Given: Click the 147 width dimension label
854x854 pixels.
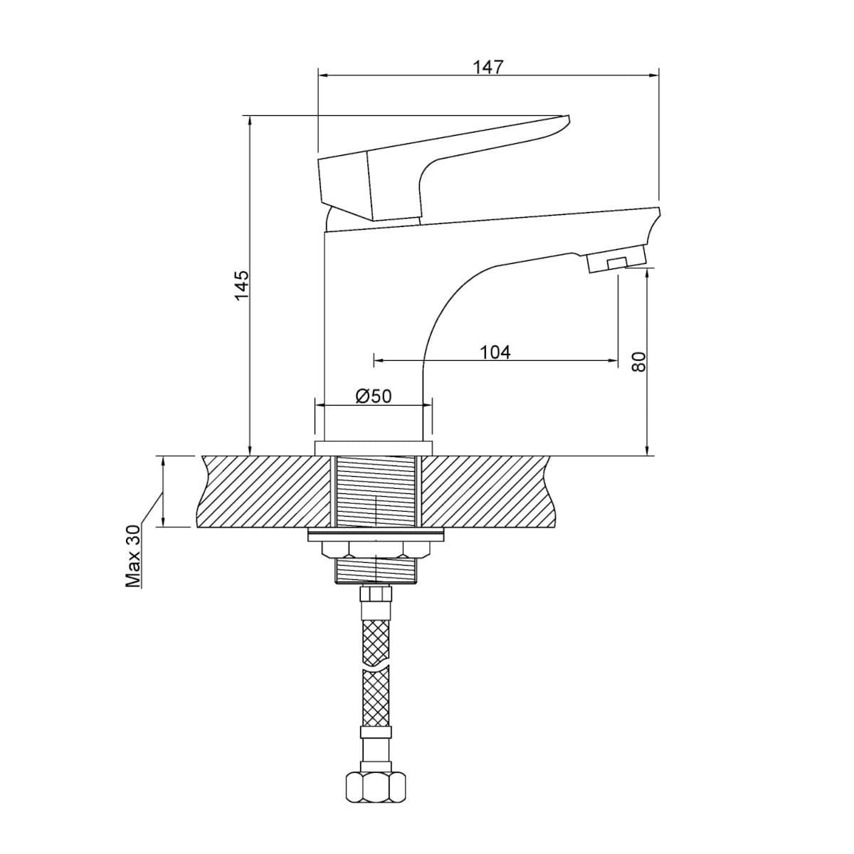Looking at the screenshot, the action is click(x=489, y=67).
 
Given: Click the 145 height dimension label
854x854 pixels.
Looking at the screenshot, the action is click(x=243, y=285).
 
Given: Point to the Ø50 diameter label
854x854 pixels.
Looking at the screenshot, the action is click(x=374, y=396).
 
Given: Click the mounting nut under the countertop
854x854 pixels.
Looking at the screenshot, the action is click(x=375, y=549).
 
